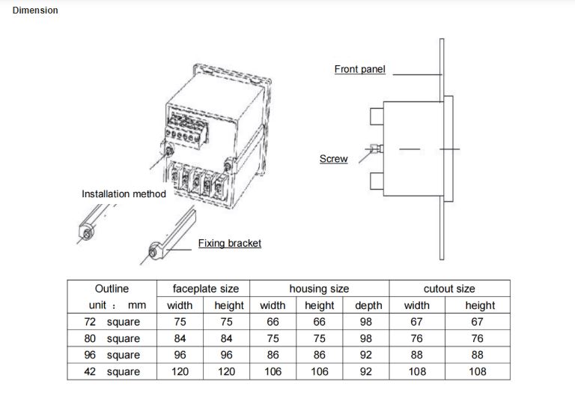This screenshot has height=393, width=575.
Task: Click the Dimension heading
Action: click(35, 10)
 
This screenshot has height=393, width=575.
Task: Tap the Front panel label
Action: click(359, 70)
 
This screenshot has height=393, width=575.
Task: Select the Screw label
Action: click(333, 159)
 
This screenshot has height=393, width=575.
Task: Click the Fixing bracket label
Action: click(229, 243)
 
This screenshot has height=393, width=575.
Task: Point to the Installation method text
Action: click(124, 193)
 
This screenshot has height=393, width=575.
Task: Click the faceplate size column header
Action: click(206, 289)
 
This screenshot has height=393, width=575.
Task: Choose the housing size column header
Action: click(319, 289)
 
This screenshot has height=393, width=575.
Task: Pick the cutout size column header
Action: click(449, 289)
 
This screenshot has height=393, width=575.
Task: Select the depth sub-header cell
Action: click(367, 305)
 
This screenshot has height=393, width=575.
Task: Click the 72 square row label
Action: click(112, 322)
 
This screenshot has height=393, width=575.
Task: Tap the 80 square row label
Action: click(112, 338)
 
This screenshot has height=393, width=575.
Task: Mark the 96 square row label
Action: click(112, 355)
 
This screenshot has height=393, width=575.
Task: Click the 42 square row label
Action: click(112, 371)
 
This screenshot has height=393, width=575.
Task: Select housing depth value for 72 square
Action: click(366, 322)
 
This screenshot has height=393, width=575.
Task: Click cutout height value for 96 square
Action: click(478, 355)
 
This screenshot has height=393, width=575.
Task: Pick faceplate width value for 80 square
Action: click(180, 338)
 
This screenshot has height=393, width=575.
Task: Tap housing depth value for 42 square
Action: click(366, 371)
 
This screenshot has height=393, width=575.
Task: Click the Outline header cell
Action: click(112, 289)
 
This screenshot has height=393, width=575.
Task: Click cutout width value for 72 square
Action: click(416, 322)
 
